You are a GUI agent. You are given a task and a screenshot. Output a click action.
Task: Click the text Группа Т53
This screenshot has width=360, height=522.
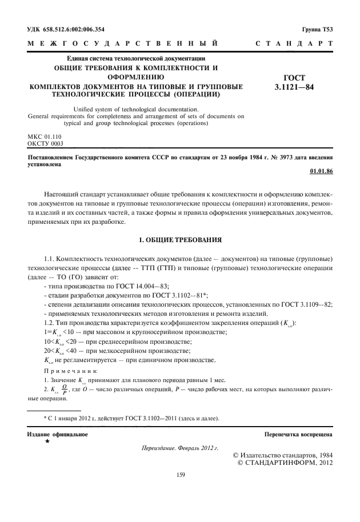coord(318,29)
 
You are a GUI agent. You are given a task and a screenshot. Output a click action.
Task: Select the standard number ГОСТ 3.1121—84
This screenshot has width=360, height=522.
coord(294,83)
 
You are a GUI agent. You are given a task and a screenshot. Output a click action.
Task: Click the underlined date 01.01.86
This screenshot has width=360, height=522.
coord(321,170)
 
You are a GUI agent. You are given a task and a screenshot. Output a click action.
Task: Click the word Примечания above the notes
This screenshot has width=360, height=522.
coord(65,370)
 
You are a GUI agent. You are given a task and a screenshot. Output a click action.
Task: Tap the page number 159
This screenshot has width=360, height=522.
coord(180,473)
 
